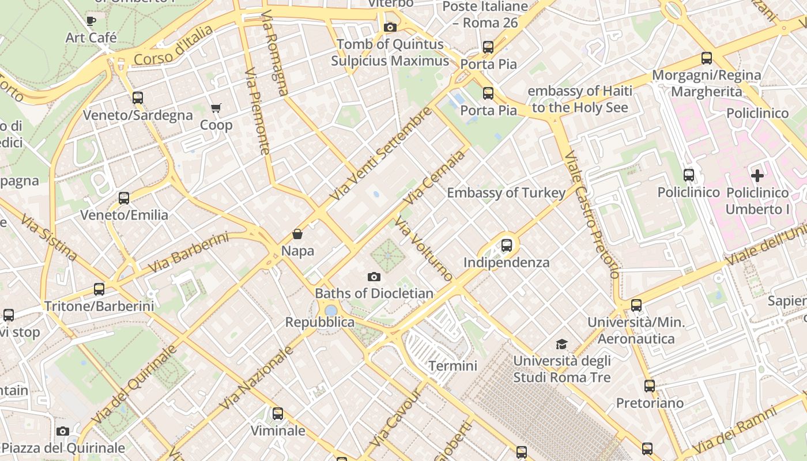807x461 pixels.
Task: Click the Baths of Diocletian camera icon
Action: (374, 277)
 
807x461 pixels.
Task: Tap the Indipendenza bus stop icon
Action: (507, 245)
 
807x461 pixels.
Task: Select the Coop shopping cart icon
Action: (216, 108)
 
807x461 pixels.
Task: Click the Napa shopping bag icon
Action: (297, 234)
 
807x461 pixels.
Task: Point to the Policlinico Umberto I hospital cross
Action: (757, 176)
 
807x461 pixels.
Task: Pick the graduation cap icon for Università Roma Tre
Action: (561, 345)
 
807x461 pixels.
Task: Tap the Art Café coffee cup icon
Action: (91, 21)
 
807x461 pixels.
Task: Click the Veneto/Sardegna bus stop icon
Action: (137, 98)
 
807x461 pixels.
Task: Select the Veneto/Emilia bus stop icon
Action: (124, 198)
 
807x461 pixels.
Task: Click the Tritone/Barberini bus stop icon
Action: (99, 289)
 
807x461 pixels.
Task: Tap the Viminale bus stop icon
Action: (278, 414)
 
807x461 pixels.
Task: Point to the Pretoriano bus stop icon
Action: (650, 386)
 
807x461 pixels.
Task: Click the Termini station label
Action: (452, 366)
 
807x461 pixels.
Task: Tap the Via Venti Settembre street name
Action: (380, 154)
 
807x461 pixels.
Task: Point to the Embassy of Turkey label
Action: (506, 193)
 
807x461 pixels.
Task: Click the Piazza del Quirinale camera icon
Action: (63, 431)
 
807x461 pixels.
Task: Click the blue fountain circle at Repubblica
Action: (331, 311)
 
